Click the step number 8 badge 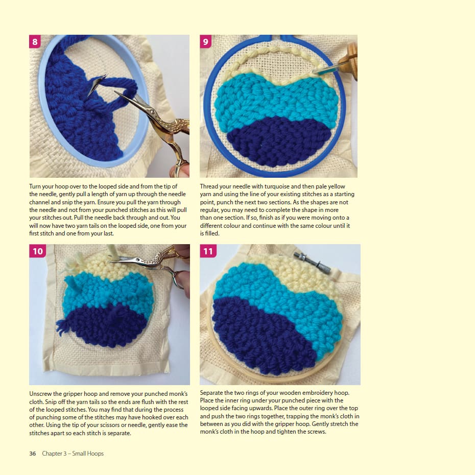(35, 41)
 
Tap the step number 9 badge (206, 41)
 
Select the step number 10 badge (38, 251)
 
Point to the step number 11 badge (208, 251)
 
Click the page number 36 (32, 454)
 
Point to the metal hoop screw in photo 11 (312, 263)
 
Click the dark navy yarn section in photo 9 (279, 141)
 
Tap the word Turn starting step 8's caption (35, 186)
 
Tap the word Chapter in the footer (52, 454)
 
